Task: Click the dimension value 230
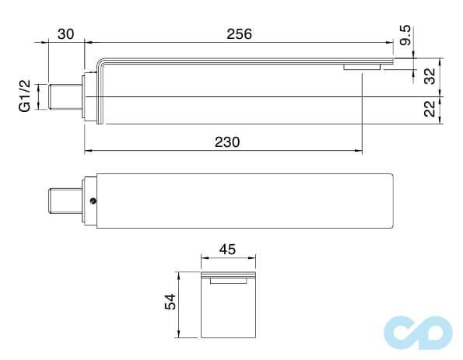(x=226, y=142)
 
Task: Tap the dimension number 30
(x=65, y=34)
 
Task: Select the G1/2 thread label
(x=26, y=96)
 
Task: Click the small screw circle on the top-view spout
(x=93, y=201)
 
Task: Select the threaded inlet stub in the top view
(x=64, y=201)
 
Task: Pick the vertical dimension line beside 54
(x=180, y=304)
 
